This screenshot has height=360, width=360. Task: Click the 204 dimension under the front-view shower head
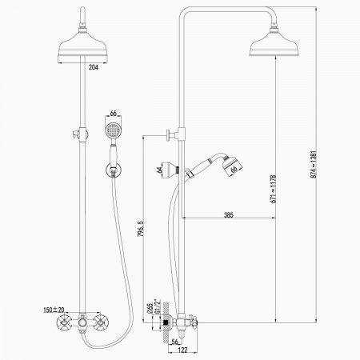tap(94, 67)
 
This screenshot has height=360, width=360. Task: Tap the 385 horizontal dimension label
tap(229, 214)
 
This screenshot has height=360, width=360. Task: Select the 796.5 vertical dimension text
tap(141, 229)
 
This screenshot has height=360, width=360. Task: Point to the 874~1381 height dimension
tap(314, 165)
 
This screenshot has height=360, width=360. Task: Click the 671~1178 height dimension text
tap(273, 189)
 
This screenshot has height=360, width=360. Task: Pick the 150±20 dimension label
tap(54, 310)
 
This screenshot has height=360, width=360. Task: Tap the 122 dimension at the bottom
tap(182, 350)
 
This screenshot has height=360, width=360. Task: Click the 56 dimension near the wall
tap(175, 342)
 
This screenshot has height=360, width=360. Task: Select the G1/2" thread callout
tap(158, 306)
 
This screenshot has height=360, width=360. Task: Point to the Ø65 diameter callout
tap(150, 308)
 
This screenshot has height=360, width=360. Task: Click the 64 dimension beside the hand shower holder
tap(159, 170)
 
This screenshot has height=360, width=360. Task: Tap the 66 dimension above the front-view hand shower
tap(114, 114)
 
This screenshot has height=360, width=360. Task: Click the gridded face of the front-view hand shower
tap(114, 130)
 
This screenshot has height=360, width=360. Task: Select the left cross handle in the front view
tap(64, 323)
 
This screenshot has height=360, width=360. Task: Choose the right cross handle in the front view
tap(102, 323)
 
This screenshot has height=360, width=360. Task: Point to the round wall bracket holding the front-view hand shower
tap(114, 170)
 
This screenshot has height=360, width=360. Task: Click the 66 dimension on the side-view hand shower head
tap(234, 169)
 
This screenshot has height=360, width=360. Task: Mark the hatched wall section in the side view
tap(166, 323)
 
